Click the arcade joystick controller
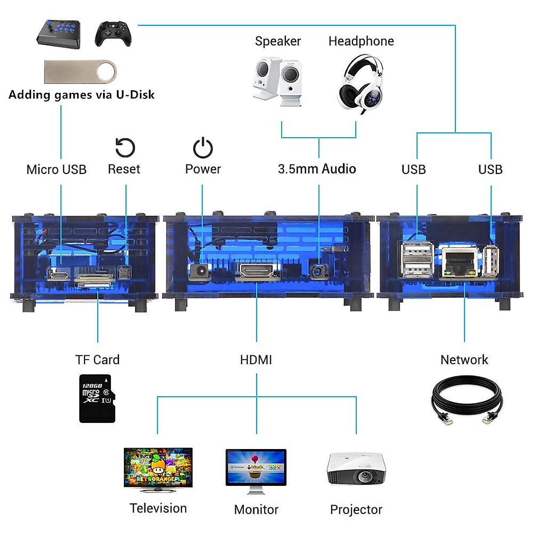coord(59,34)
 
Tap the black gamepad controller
coord(113,34)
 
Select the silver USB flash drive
coord(80,72)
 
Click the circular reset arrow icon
coord(125,148)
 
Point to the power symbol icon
coord(203,148)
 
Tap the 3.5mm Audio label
coord(317,169)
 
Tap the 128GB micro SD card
coord(97,398)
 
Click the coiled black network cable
coord(466,400)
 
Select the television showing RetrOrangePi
coord(158,469)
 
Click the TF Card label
coord(97,360)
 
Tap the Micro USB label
coord(56,170)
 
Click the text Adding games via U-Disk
coord(82,95)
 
